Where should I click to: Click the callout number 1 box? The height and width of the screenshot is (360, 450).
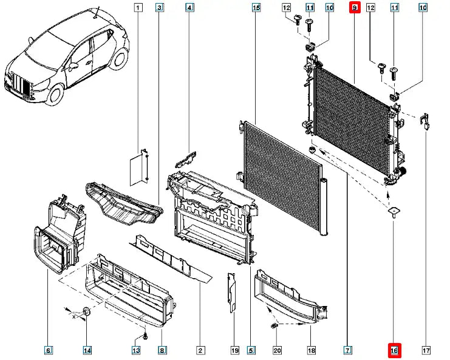(138, 8)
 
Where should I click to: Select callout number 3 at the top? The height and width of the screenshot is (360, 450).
(159, 8)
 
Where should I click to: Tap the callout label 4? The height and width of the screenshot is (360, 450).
(189, 8)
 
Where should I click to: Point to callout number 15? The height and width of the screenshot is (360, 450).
(256, 8)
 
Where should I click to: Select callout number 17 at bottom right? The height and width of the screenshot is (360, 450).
(425, 350)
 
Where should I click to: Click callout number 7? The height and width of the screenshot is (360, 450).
(347, 350)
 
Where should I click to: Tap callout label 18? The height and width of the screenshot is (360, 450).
(311, 350)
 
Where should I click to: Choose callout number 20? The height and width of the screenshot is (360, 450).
(277, 350)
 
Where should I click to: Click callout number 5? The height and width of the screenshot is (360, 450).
(251, 350)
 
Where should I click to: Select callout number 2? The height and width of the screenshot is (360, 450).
(199, 350)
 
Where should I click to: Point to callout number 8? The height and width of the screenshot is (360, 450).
(162, 350)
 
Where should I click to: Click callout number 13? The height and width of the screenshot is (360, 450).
(136, 350)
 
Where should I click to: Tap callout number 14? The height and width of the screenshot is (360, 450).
(87, 350)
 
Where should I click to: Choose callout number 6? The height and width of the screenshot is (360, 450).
(48, 350)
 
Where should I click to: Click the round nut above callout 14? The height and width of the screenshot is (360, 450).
(86, 312)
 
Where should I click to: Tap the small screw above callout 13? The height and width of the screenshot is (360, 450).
(146, 336)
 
